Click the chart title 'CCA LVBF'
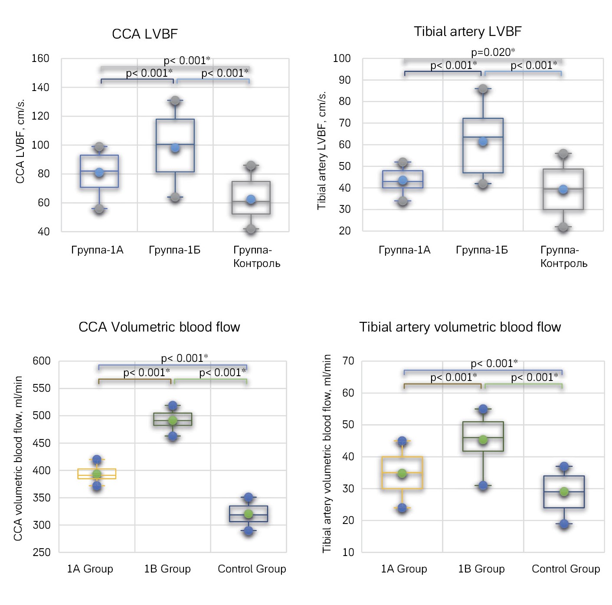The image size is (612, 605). [x=144, y=34]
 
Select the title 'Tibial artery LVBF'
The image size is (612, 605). [x=467, y=32]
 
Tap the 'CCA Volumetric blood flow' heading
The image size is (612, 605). [x=159, y=327]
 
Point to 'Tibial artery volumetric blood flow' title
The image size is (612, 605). [x=460, y=327]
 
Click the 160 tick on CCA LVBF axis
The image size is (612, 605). [x=40, y=59]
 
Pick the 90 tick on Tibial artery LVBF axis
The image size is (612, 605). [x=345, y=80]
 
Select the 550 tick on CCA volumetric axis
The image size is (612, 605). [x=42, y=388]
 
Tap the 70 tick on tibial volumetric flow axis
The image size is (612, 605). [x=348, y=361]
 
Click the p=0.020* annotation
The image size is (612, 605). [x=493, y=52]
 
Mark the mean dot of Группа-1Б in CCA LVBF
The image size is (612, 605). [x=175, y=148]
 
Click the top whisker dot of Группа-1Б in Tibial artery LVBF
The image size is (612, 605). [x=483, y=89]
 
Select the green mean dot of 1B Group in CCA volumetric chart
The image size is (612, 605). [x=173, y=420]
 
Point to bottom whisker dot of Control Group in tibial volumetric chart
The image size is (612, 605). [x=564, y=524]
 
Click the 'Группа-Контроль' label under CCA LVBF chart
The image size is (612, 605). [x=256, y=257]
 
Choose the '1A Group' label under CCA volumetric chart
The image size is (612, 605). [x=90, y=569]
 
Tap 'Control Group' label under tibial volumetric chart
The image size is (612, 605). [x=566, y=569]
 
